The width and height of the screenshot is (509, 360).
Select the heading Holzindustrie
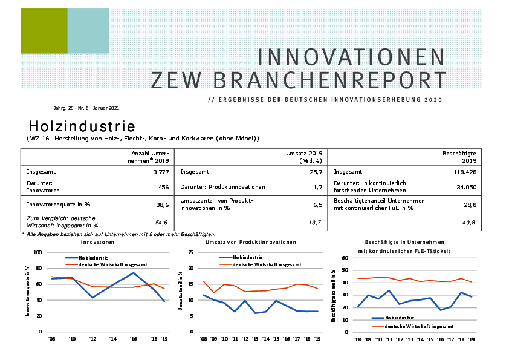(82, 126)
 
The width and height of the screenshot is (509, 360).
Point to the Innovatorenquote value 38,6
(162, 205)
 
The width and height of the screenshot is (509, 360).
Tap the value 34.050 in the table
(466, 188)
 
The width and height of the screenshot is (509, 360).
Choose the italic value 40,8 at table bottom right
(469, 223)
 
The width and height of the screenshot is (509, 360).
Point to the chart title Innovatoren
(97, 242)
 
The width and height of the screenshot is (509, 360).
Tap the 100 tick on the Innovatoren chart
(37, 252)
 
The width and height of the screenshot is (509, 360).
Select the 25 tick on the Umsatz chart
(190, 252)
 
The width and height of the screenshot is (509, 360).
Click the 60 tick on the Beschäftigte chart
(345, 258)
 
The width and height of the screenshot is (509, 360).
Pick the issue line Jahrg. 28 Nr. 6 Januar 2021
(86, 108)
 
